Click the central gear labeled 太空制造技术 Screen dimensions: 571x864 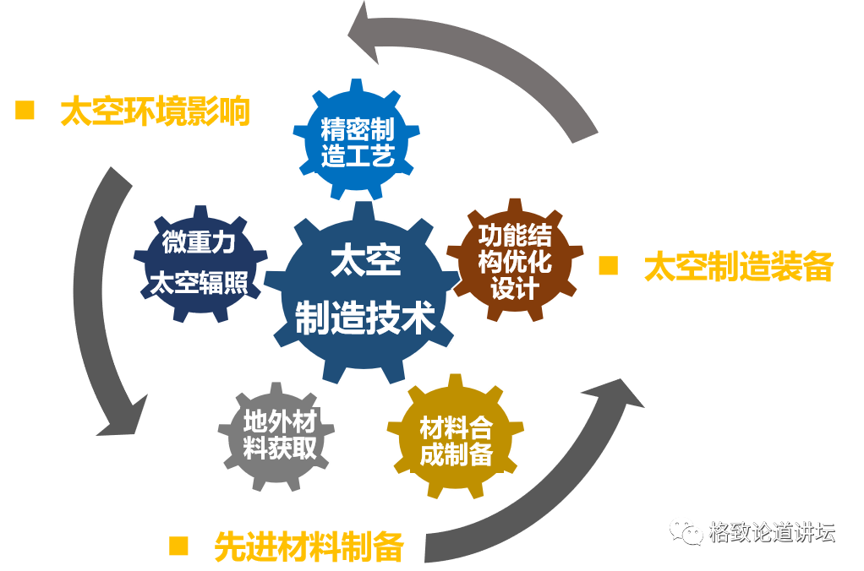[364, 291]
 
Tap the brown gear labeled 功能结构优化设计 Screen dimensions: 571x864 [515, 260]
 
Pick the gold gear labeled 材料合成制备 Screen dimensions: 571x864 [456, 440]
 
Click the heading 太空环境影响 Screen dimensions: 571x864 [156, 111]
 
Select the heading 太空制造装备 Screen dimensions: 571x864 [739, 267]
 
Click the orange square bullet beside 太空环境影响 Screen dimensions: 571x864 [25, 111]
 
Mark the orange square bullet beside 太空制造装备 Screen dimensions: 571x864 [608, 266]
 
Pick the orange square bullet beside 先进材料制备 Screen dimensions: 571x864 [178, 546]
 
